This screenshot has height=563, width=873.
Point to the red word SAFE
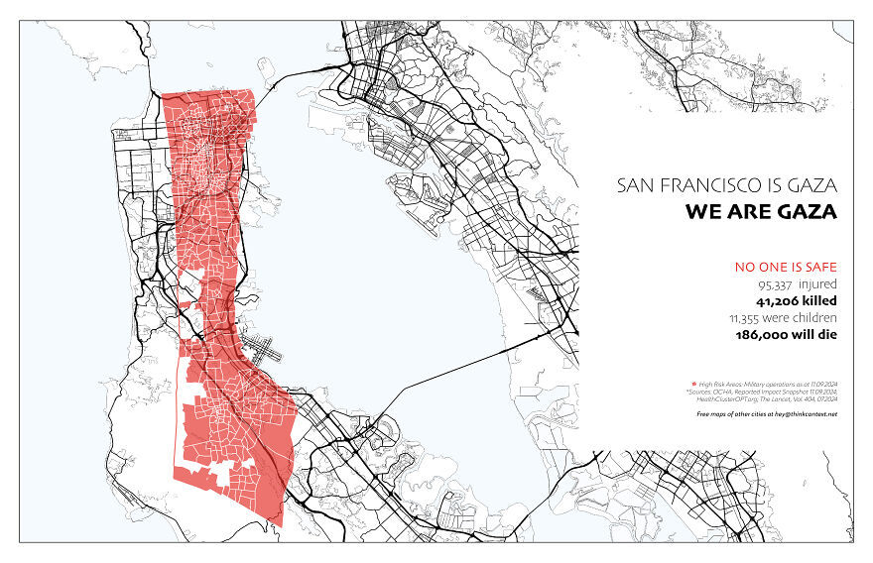pyautogui.click(x=818, y=267)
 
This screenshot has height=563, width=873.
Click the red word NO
pyautogui.click(x=745, y=267)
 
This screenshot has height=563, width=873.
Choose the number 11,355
pyautogui.click(x=749, y=318)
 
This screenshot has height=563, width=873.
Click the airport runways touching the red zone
pyautogui.click(x=264, y=349)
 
